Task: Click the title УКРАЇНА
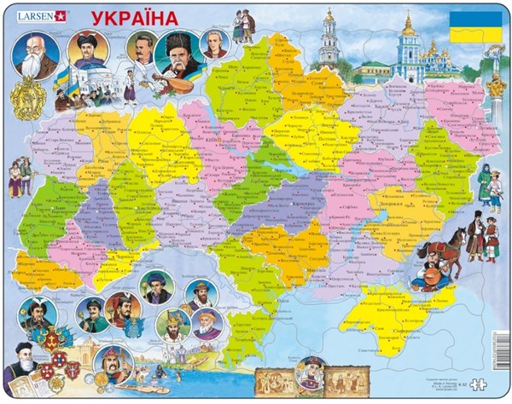click(x=128, y=19)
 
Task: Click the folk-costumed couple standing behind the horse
click(x=484, y=240)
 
